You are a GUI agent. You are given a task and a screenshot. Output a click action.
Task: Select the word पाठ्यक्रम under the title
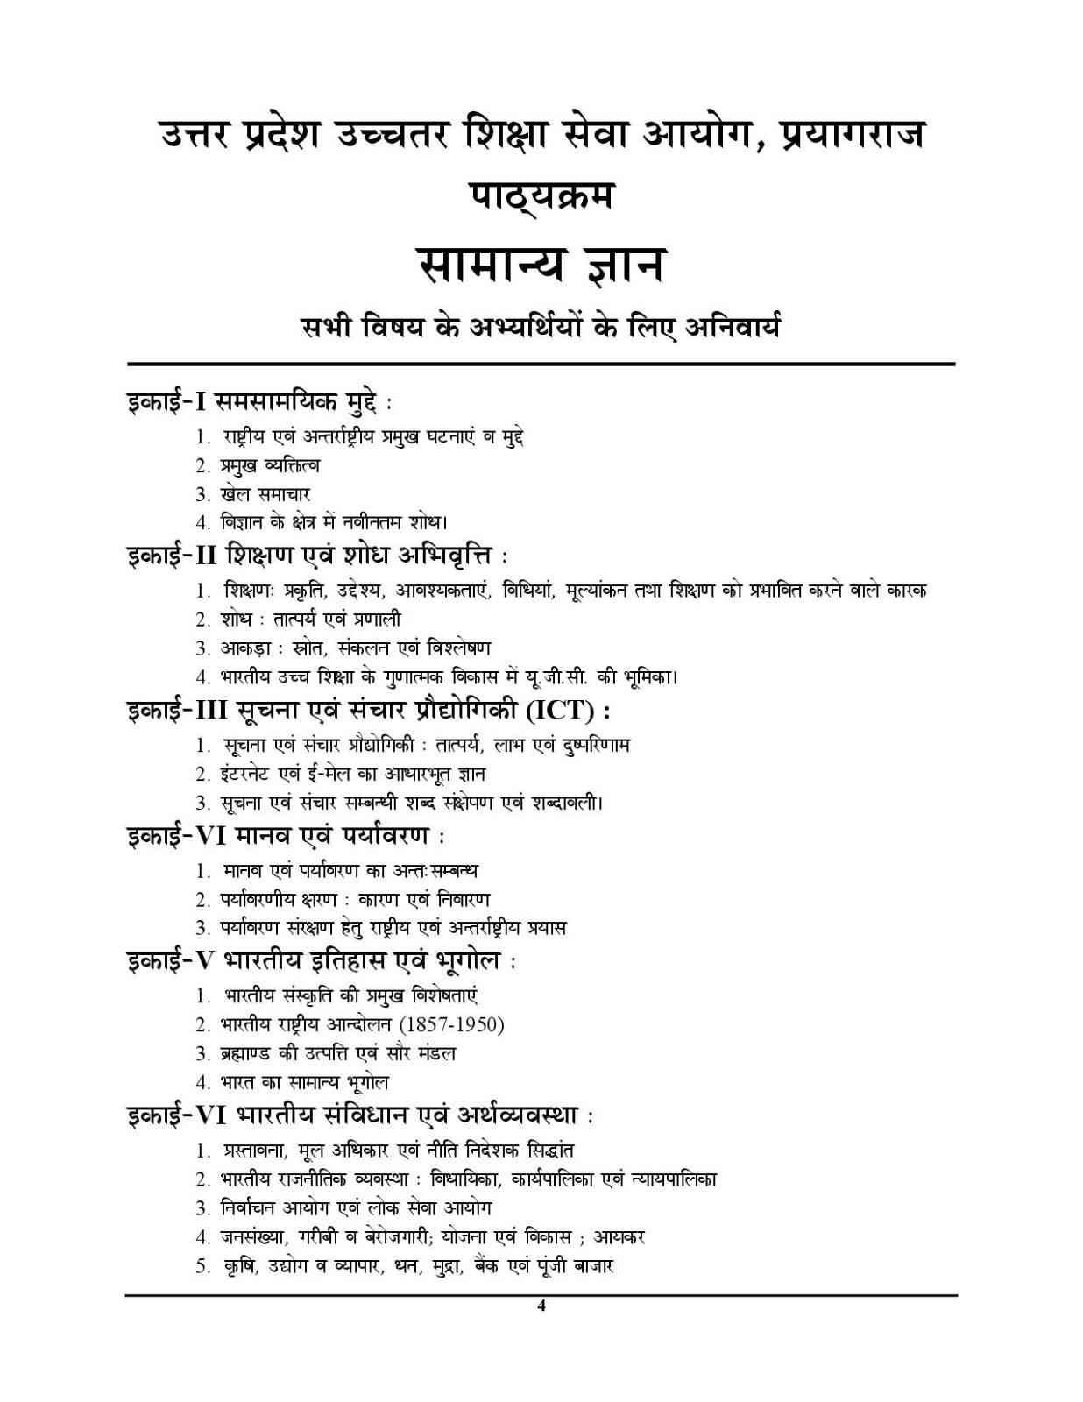[541, 195]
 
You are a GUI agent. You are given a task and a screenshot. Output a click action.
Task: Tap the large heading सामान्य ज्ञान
[541, 265]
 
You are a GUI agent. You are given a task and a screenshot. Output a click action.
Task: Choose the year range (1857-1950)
[451, 1024]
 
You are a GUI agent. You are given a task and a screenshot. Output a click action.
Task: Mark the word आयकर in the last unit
[619, 1237]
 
